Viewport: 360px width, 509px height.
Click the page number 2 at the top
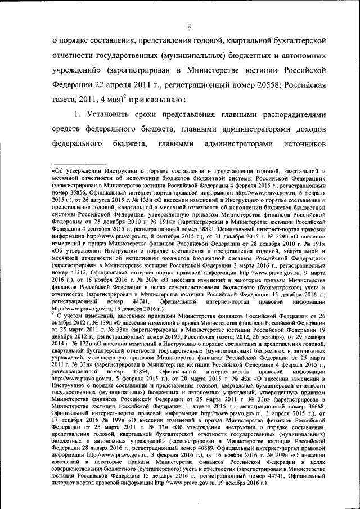[190, 25]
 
